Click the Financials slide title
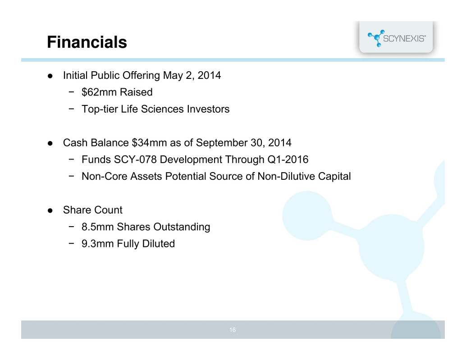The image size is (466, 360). point(87,42)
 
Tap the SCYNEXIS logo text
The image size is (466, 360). point(404,39)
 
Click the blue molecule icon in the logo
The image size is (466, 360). point(376,38)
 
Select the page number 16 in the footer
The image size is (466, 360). point(233,330)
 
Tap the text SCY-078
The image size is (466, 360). point(135,159)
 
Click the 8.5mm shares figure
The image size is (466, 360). point(98,227)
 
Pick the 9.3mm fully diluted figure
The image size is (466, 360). point(98,244)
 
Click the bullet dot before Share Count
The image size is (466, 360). point(50,210)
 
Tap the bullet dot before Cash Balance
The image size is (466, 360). point(50,143)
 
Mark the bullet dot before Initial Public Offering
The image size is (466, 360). point(50,76)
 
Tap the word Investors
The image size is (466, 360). point(208,109)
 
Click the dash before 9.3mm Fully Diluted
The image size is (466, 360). point(71,243)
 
